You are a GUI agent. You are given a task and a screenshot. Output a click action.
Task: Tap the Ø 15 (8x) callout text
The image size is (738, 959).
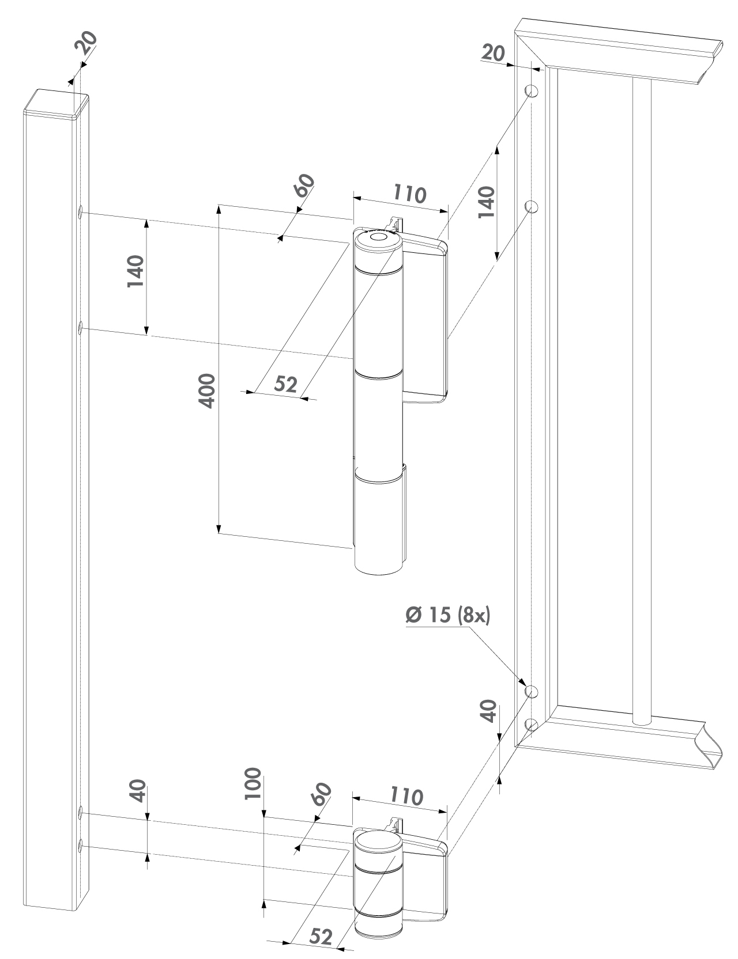pos(447,615)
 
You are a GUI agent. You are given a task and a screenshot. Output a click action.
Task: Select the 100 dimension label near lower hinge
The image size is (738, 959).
pos(253,783)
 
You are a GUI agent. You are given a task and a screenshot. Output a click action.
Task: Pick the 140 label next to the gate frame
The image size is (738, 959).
pos(487,202)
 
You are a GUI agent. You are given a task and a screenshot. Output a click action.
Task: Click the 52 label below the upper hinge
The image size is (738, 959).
pos(285,384)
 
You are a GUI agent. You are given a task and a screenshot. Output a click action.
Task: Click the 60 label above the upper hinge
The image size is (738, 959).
pos(304,185)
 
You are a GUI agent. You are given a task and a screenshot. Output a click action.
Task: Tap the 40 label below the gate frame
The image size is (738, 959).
pos(488,711)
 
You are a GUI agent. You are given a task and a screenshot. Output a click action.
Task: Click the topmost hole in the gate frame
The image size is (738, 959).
pos(532,91)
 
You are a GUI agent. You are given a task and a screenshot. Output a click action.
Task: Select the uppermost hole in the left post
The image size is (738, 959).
pos(81,213)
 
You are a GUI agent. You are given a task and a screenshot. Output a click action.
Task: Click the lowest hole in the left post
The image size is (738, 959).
pos(81,846)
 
